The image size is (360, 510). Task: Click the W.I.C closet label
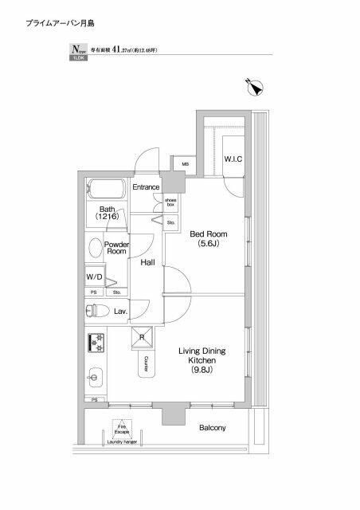tap(233, 159)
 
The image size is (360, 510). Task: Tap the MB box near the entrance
tap(185, 165)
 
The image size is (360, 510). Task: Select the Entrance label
tap(147, 187)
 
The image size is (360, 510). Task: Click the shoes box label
tap(171, 203)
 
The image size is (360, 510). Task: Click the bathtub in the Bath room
tap(106, 190)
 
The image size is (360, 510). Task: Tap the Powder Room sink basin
tap(95, 248)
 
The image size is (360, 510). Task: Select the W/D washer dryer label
tap(95, 277)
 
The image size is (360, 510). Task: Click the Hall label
tap(147, 262)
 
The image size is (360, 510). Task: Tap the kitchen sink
tap(94, 375)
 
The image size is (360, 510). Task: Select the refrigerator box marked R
tap(143, 336)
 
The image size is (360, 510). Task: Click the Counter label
tap(148, 364)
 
